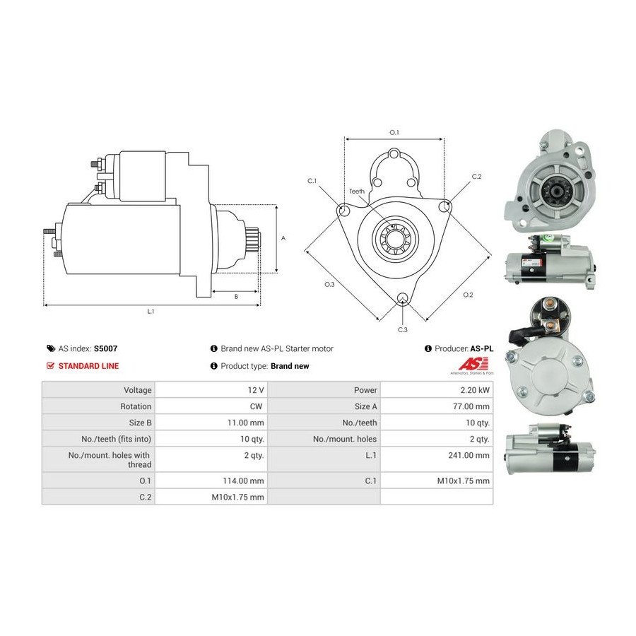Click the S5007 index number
pyautogui.click(x=105, y=348)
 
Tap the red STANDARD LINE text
pyautogui.click(x=88, y=366)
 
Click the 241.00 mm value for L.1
pyautogui.click(x=469, y=455)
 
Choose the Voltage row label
pyautogui.click(x=138, y=390)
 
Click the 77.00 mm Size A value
pyautogui.click(x=471, y=406)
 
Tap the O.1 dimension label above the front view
pyautogui.click(x=394, y=132)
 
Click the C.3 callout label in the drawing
pyautogui.click(x=402, y=330)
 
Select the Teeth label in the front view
pyautogui.click(x=357, y=191)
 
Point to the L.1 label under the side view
pyautogui.click(x=151, y=311)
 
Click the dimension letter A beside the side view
pyautogui.click(x=283, y=238)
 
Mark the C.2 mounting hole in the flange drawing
pyautogui.click(x=444, y=206)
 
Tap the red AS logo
pyautogui.click(x=473, y=363)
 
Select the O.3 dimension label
pyautogui.click(x=329, y=284)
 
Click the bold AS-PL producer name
pyautogui.click(x=482, y=348)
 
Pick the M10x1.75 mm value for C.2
pyautogui.click(x=237, y=497)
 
